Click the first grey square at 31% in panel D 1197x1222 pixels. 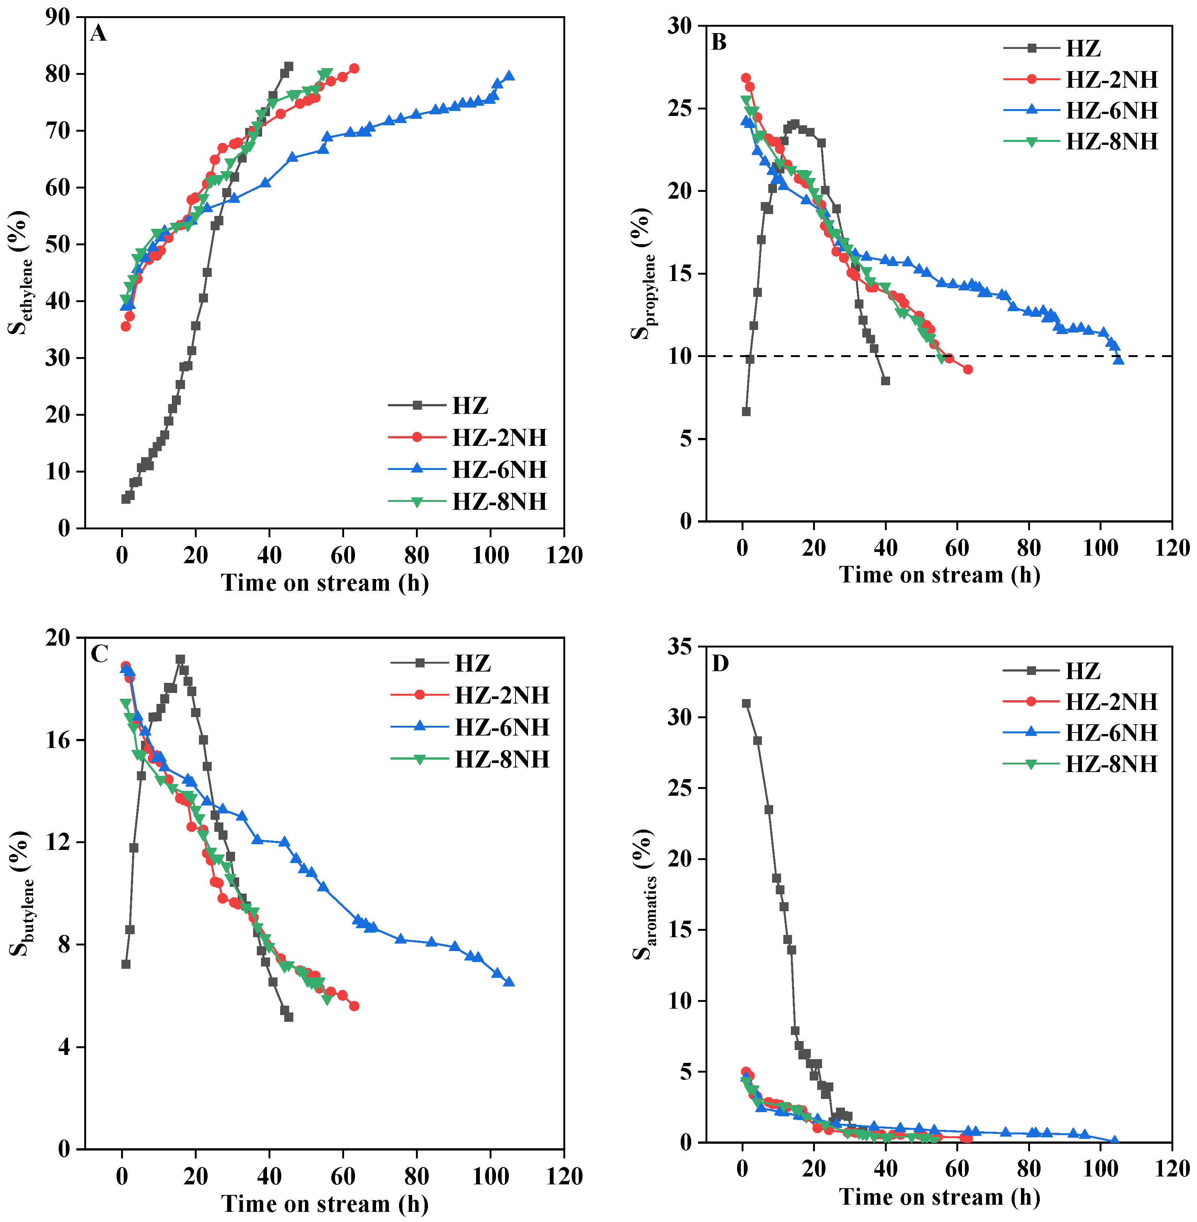(746, 703)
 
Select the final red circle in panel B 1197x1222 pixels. (968, 369)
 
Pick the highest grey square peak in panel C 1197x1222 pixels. (181, 659)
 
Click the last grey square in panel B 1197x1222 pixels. (885, 380)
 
